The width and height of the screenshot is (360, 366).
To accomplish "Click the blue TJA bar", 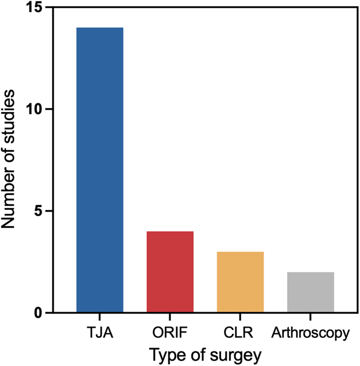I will (100, 170).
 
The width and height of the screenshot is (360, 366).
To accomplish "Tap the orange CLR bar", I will (240, 282).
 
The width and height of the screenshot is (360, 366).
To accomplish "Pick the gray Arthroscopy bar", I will (311, 292).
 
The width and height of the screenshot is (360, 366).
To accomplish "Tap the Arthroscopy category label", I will (311, 335).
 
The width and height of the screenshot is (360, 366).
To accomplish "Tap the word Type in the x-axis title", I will (167, 354).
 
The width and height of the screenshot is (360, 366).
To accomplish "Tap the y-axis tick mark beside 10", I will (45, 109).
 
